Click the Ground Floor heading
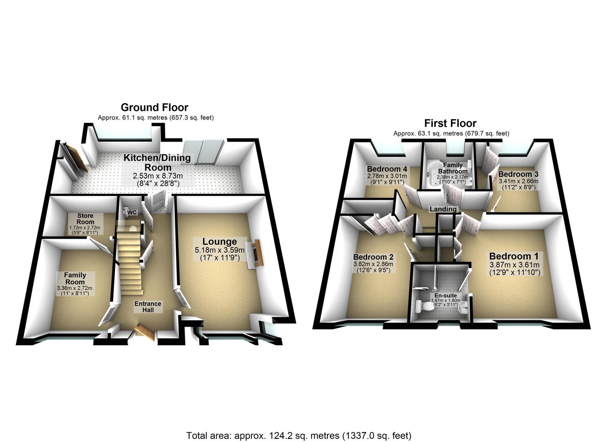(155, 108)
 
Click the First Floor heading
(450, 123)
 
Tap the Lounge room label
(220, 242)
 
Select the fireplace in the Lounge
(255, 254)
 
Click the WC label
(132, 213)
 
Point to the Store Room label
(85, 219)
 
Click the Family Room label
(75, 278)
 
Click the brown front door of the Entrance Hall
(146, 331)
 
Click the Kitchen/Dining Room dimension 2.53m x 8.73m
(157, 176)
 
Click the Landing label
(443, 209)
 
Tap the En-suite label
(446, 295)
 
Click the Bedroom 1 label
(514, 256)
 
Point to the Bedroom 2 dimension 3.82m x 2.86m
(373, 264)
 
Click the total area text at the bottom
(298, 435)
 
